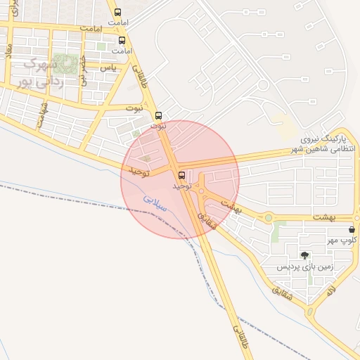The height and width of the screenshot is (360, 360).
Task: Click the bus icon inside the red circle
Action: click(x=182, y=175)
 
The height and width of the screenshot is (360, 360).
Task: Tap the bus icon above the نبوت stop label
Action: click(x=158, y=115)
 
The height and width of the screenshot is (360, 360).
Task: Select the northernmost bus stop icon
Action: click(x=117, y=12)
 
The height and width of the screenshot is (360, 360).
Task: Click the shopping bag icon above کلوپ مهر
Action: click(x=352, y=229)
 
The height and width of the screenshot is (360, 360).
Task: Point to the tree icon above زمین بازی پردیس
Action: click(x=304, y=255)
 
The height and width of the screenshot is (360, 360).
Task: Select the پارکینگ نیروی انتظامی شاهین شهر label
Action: click(x=327, y=144)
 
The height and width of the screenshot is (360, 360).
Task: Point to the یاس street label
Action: click(x=108, y=67)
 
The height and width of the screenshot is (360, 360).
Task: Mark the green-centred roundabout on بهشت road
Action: click(x=268, y=217)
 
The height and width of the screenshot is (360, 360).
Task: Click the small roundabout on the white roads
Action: click(x=262, y=85)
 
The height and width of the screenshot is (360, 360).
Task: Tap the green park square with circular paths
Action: click(x=66, y=64)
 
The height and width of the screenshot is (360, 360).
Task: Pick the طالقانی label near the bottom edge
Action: click(x=240, y=337)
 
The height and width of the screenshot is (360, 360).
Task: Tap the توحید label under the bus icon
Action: click(x=182, y=186)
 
